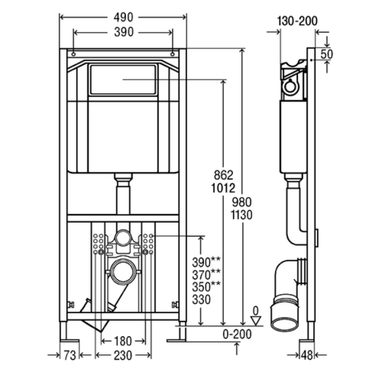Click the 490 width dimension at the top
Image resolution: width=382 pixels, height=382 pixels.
click(123, 17)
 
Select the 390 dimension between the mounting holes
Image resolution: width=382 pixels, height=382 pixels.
click(124, 32)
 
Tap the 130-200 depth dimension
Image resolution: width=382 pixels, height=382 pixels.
click(297, 21)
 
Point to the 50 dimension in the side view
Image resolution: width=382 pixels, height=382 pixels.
click(327, 54)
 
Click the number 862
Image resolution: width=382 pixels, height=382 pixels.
click(223, 175)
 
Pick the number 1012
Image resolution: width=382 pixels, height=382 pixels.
click(223, 188)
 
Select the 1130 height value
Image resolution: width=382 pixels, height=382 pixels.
click(242, 215)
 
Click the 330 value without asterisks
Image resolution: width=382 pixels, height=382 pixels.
click(201, 299)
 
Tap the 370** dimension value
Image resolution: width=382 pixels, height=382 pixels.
click(206, 274)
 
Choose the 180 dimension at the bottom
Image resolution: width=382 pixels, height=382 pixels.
click(123, 341)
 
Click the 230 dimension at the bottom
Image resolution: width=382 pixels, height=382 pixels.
click(123, 355)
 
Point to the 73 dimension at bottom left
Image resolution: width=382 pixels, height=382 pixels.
click(70, 355)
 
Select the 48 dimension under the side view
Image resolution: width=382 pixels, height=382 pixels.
click(307, 355)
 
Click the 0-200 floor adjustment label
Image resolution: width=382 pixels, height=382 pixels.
click(237, 334)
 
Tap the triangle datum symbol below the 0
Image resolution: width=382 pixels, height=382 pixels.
click(256, 320)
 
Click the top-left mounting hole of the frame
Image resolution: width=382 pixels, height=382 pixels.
click(74, 54)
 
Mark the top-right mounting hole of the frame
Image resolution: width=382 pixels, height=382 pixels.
click(172, 54)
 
